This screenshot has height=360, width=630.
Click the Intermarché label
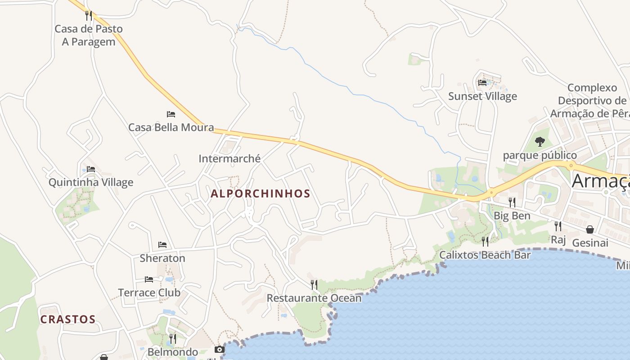229,158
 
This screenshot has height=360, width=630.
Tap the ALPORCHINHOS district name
261,194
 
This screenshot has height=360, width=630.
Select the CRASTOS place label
68,319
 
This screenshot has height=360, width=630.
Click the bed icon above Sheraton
162,245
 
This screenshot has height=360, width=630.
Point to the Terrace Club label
149,292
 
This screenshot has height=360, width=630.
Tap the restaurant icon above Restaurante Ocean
314,284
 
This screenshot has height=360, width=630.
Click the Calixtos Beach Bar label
485,255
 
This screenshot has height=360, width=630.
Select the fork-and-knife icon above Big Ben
512,202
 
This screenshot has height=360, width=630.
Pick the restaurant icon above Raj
558,226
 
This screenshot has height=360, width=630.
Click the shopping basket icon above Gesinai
590,229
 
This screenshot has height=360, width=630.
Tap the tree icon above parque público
540,142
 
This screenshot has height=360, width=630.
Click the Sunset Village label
482,96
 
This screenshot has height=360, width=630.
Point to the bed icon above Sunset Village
482,83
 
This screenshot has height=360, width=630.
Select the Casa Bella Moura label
171,127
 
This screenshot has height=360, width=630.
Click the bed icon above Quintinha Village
91,169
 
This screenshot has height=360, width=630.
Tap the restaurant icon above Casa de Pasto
89,16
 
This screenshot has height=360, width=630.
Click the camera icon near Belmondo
220,349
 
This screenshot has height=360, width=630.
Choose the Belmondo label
173,352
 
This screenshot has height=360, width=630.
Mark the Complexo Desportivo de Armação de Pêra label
592,100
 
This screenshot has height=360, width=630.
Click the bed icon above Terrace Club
149,279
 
